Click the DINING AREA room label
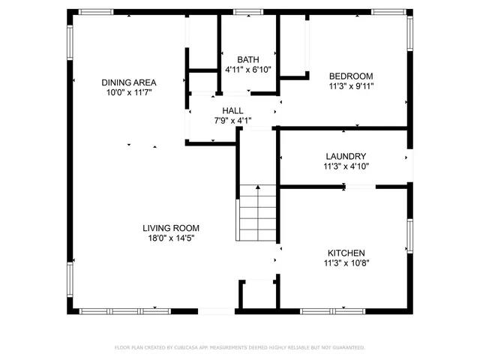point(129,82)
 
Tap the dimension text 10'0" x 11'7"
point(129,93)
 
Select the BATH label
point(248,60)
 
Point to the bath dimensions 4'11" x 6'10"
point(248,70)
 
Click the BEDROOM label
point(351,76)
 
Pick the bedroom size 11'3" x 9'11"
point(351,86)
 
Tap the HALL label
point(232,110)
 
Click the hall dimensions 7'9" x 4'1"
point(232,120)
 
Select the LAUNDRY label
point(346,157)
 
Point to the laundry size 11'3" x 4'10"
point(346,166)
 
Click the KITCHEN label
point(346,253)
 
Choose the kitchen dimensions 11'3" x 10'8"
point(346,262)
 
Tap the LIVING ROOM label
point(171,228)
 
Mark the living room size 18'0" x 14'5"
point(171,238)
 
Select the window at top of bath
point(244,12)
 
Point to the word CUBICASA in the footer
point(185,348)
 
